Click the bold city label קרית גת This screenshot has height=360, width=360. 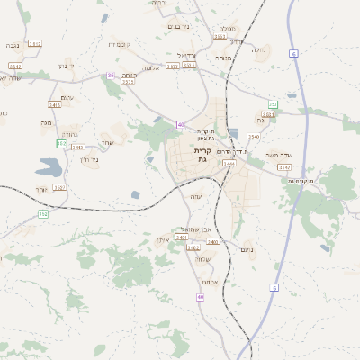click(x=202, y=154)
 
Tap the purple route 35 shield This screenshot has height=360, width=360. click(x=110, y=76)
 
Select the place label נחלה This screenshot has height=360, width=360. click(x=260, y=50)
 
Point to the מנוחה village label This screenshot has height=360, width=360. click(x=223, y=58)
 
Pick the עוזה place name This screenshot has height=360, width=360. click(x=196, y=195)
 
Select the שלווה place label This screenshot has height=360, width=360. click(x=203, y=258)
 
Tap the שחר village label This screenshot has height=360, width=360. click(x=107, y=142)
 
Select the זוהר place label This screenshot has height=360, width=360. click(x=41, y=189)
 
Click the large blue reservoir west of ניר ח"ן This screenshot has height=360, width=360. click(x=50, y=166)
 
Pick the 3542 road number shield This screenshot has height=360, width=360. click(x=284, y=167)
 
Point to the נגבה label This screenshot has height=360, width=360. click(x=13, y=46)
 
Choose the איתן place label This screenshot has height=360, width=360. click(x=163, y=240)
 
